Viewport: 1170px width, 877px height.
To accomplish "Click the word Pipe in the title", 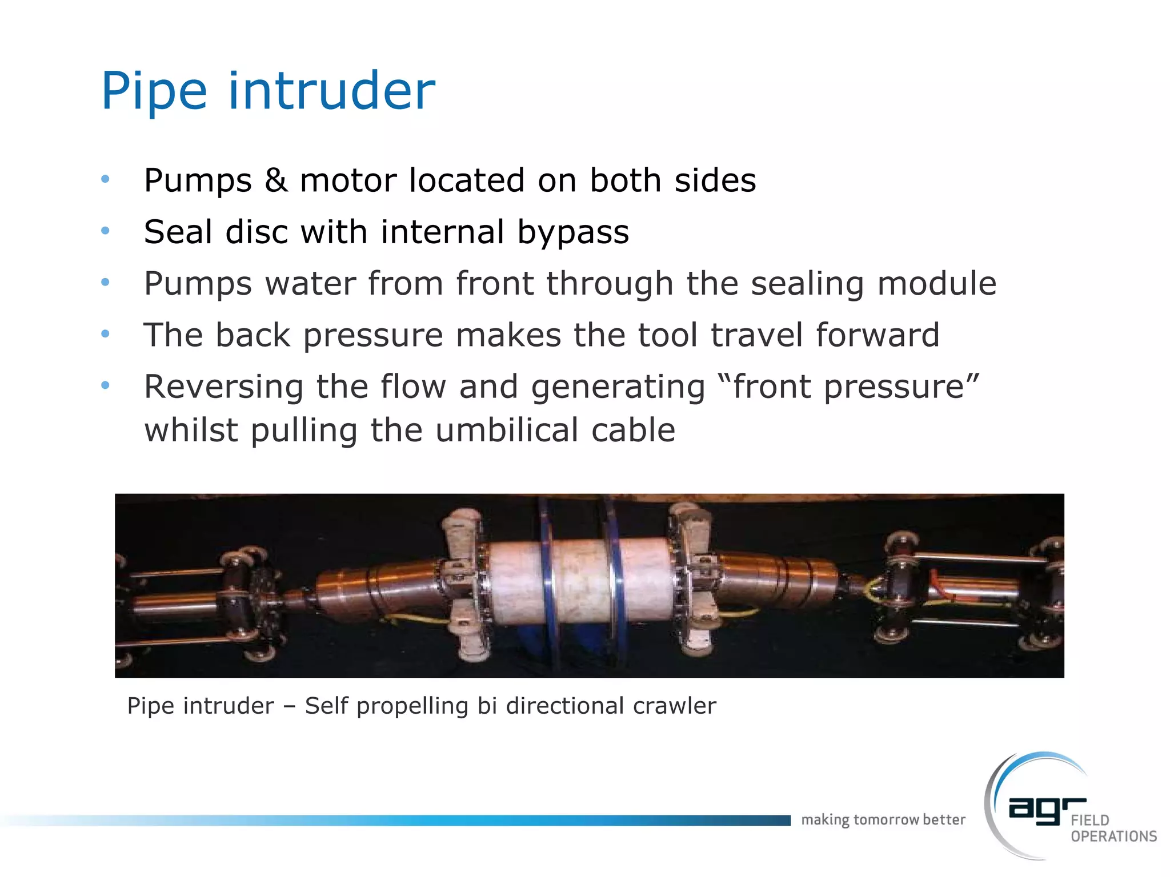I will (154, 91).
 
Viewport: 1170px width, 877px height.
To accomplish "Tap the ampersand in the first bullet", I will (275, 180).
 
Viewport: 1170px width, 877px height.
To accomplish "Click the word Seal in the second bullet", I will (178, 232).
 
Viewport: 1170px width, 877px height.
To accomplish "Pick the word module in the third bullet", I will (937, 283).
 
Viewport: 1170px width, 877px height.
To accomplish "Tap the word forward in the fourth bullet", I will (877, 335).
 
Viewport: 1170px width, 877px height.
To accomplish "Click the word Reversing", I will (223, 387).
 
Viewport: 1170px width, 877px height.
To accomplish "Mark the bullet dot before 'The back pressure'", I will (105, 334).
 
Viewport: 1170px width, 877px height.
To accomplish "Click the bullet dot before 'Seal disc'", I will (105, 231).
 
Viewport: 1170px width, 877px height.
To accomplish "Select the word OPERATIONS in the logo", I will (1113, 836).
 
